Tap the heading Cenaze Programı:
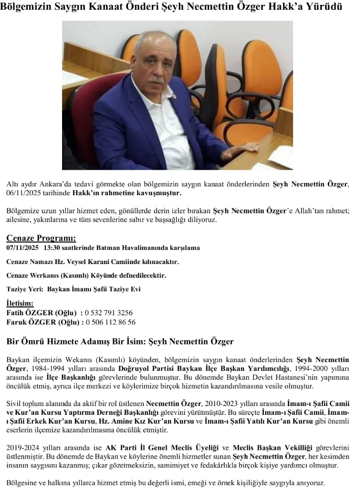pyautogui.click(x=41, y=238)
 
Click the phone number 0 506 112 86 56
pyautogui.click(x=110, y=322)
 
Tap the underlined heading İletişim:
pyautogui.click(x=20, y=304)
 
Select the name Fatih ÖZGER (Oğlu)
pyautogui.click(x=42, y=313)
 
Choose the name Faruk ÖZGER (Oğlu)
pyautogui.click(x=42, y=322)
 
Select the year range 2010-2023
pyautogui.click(x=220, y=404)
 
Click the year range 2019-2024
pyautogui.click(x=23, y=448)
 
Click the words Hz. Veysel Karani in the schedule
pyautogui.click(x=87, y=262)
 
